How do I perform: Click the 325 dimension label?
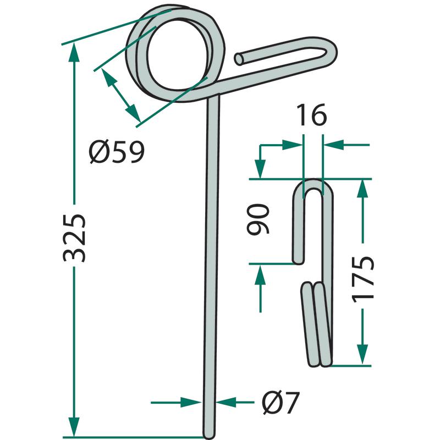[x=74, y=238]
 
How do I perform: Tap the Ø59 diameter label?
[x=117, y=152]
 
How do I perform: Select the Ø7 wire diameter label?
[x=280, y=403]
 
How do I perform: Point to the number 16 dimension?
[x=312, y=115]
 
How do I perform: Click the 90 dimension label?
[x=258, y=219]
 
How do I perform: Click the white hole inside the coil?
[x=178, y=55]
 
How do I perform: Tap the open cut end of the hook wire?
[x=239, y=59]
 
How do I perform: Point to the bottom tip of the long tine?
[x=209, y=437]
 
